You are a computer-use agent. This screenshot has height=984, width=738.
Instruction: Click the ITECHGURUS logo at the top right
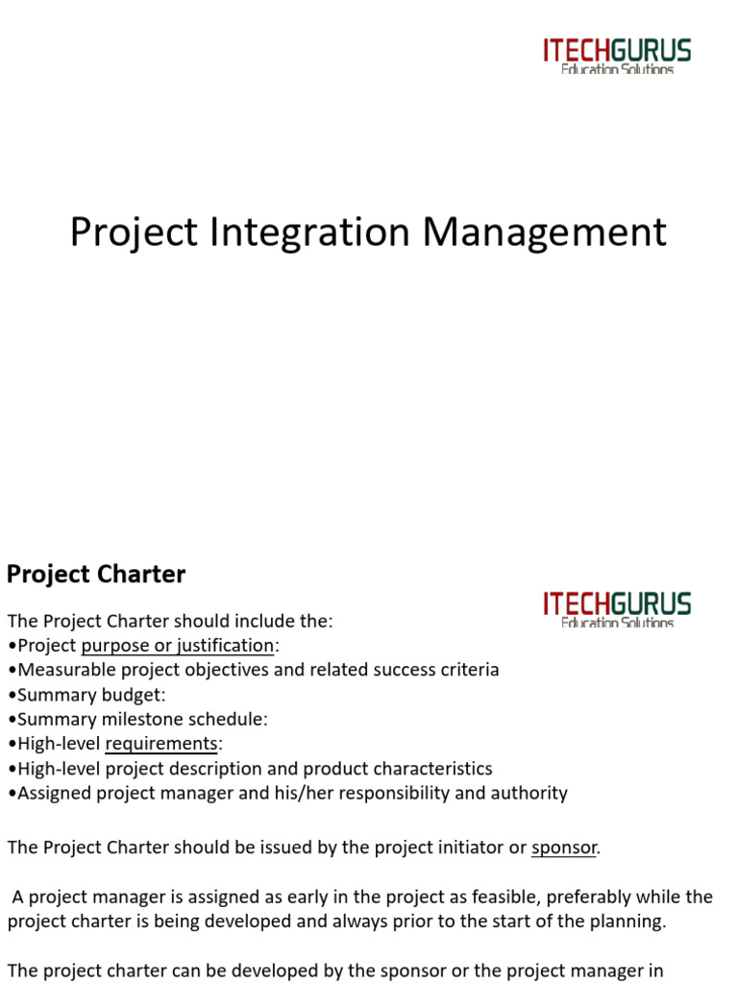pyautogui.click(x=617, y=56)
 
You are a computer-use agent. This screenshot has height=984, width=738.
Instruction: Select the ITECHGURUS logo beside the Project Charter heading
pyautogui.click(x=617, y=609)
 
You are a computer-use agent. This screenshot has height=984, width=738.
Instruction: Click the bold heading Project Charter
pyautogui.click(x=96, y=575)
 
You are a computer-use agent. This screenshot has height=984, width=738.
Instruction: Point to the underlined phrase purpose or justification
pyautogui.click(x=178, y=646)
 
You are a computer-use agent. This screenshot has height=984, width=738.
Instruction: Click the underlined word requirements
pyautogui.click(x=161, y=744)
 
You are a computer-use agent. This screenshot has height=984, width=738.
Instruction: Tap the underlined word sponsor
pyautogui.click(x=564, y=848)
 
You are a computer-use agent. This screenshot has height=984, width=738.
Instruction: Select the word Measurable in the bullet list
pyautogui.click(x=59, y=670)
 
